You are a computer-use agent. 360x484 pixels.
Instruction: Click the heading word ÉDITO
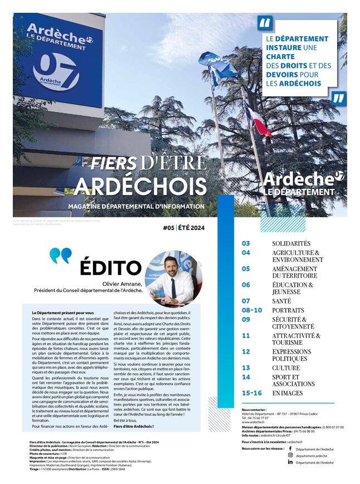pos(110,267)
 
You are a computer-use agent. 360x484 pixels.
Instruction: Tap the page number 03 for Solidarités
pos(246,243)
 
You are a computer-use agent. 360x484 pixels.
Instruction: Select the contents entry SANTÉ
pos(281,301)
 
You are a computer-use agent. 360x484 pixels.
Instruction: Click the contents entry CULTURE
pos(286,368)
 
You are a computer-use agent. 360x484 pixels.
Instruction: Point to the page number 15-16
pos(251,393)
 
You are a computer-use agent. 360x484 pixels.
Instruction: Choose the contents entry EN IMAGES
pos(288,393)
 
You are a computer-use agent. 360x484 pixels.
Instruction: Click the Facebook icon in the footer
pos(290,448)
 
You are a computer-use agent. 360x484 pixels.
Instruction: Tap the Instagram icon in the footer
pos(290,455)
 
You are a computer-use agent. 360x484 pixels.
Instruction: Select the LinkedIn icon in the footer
pos(290,462)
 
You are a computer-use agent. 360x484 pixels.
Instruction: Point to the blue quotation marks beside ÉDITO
pos(60,256)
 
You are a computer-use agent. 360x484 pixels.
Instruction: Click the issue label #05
pos(168,227)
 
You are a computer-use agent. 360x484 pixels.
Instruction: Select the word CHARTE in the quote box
pos(281,57)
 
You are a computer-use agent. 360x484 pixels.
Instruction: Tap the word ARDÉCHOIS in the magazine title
pos(140,187)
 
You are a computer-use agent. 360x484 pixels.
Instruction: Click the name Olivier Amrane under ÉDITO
pos(123,283)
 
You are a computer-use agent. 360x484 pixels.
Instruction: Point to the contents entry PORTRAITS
pos(288,310)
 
